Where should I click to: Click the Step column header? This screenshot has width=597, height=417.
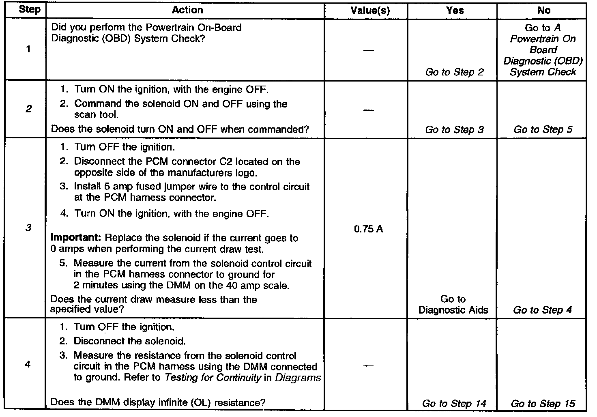30,10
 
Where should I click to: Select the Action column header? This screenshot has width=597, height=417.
187,10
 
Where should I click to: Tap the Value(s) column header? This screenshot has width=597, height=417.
369,11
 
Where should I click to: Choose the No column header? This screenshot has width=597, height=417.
543,11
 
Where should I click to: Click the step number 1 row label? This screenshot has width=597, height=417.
28,50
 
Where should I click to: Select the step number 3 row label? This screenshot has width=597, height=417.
28,228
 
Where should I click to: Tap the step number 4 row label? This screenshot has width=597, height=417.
28,364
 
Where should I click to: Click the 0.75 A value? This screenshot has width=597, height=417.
368,229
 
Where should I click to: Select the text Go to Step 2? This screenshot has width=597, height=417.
454,72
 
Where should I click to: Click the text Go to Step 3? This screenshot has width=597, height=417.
454,130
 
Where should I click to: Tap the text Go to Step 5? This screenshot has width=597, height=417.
543,130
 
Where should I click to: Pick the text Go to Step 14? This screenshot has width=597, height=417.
454,403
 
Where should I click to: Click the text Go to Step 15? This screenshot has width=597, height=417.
543,403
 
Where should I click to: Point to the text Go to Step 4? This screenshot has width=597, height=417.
543,310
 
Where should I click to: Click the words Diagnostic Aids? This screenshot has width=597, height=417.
453,310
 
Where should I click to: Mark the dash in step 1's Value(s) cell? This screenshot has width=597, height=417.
368,50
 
